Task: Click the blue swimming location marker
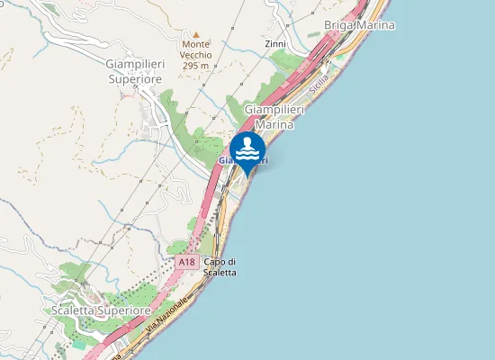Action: pyautogui.click(x=247, y=150)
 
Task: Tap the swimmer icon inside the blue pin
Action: pyautogui.click(x=247, y=148)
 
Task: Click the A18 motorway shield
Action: pyautogui.click(x=186, y=262)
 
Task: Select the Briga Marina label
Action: pyautogui.click(x=359, y=25)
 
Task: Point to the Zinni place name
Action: pyautogui.click(x=276, y=43)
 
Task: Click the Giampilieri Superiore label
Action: pyautogui.click(x=134, y=72)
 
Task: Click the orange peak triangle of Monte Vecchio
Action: pyautogui.click(x=196, y=34)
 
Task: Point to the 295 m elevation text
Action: pyautogui.click(x=195, y=66)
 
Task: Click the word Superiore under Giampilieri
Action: pyautogui.click(x=134, y=79)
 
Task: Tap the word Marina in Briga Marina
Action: pyautogui.click(x=375, y=25)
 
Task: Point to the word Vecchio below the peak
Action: pyautogui.click(x=195, y=55)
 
